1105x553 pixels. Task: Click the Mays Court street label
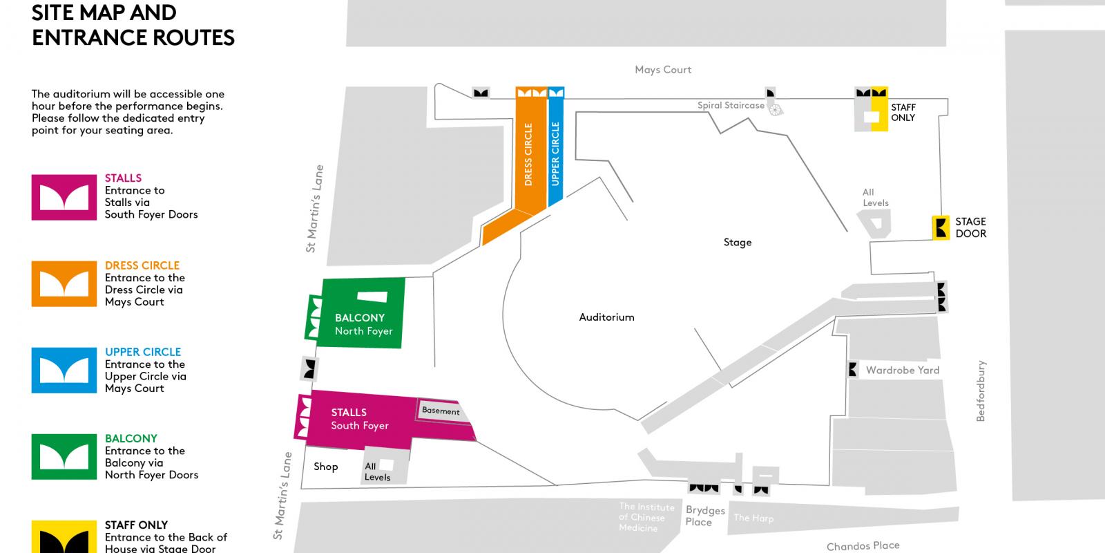click(x=663, y=70)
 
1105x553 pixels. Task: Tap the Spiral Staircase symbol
click(x=776, y=109)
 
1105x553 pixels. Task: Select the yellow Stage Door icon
click(x=941, y=227)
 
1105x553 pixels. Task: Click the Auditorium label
click(x=606, y=317)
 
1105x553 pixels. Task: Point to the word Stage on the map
click(x=737, y=243)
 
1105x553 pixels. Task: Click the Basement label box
click(x=441, y=411)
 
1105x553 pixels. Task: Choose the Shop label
click(x=325, y=467)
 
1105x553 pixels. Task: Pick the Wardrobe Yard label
click(x=903, y=371)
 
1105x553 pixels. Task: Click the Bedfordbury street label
click(x=981, y=391)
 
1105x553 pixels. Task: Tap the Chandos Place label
click(x=863, y=546)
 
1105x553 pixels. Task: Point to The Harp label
click(x=753, y=518)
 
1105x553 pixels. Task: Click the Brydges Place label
click(x=704, y=516)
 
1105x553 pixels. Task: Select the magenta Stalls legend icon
click(x=64, y=198)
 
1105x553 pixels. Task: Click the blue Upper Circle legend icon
click(x=64, y=371)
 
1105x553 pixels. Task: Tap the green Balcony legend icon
click(x=64, y=457)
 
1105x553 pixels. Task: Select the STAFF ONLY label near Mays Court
click(x=903, y=113)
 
